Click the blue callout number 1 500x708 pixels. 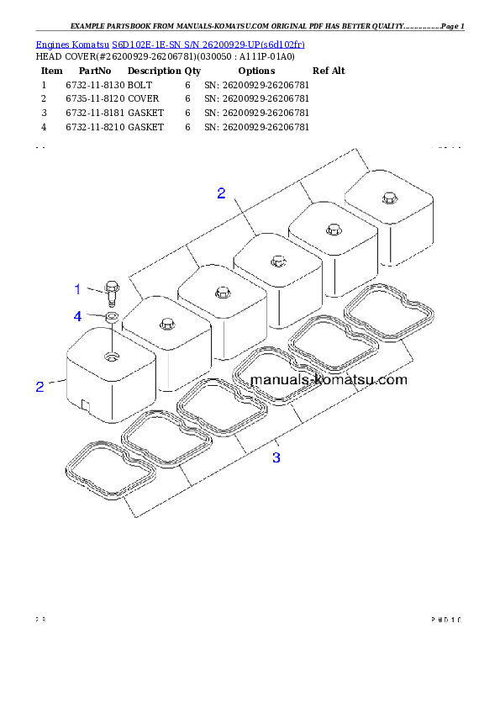pyautogui.click(x=77, y=289)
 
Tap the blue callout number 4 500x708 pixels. pyautogui.click(x=77, y=316)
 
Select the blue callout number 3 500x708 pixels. pyautogui.click(x=276, y=457)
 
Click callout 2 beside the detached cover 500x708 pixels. pyautogui.click(x=39, y=387)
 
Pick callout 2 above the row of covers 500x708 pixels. pyautogui.click(x=221, y=193)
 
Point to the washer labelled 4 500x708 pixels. pyautogui.click(x=111, y=318)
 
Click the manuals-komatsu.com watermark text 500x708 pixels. pyautogui.click(x=329, y=379)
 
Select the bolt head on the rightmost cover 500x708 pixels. pyautogui.click(x=387, y=198)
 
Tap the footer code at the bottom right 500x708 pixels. pyautogui.click(x=446, y=621)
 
